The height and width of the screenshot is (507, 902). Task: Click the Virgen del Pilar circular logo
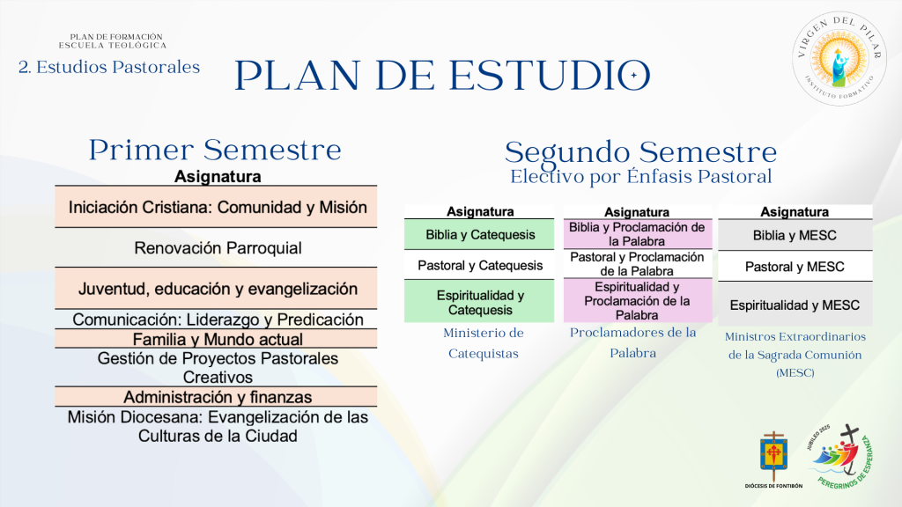[839, 59]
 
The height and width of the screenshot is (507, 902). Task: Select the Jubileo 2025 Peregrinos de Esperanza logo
[840, 457]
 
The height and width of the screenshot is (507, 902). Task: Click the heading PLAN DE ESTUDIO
[442, 76]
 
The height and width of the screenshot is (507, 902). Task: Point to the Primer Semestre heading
[215, 150]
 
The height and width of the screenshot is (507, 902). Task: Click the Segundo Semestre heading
[641, 152]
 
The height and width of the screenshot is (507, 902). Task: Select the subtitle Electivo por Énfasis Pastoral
[641, 176]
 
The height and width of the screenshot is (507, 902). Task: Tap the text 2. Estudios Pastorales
[109, 67]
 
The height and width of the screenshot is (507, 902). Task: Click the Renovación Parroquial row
[217, 247]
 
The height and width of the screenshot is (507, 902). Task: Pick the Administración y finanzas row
[217, 397]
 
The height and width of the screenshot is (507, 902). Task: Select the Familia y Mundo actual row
[217, 339]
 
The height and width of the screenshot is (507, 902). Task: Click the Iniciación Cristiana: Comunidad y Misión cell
[217, 207]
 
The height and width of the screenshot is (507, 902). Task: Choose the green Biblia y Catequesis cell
[479, 234]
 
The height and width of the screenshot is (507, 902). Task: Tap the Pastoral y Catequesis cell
[479, 265]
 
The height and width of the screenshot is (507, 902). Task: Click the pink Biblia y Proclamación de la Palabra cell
[638, 234]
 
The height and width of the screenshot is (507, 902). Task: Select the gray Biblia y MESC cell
[795, 235]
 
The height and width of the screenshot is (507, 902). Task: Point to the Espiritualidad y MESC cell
[795, 305]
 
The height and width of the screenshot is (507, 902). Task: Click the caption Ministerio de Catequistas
[484, 343]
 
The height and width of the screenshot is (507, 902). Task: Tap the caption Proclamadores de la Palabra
[632, 342]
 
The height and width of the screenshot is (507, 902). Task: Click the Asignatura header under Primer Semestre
[218, 176]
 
